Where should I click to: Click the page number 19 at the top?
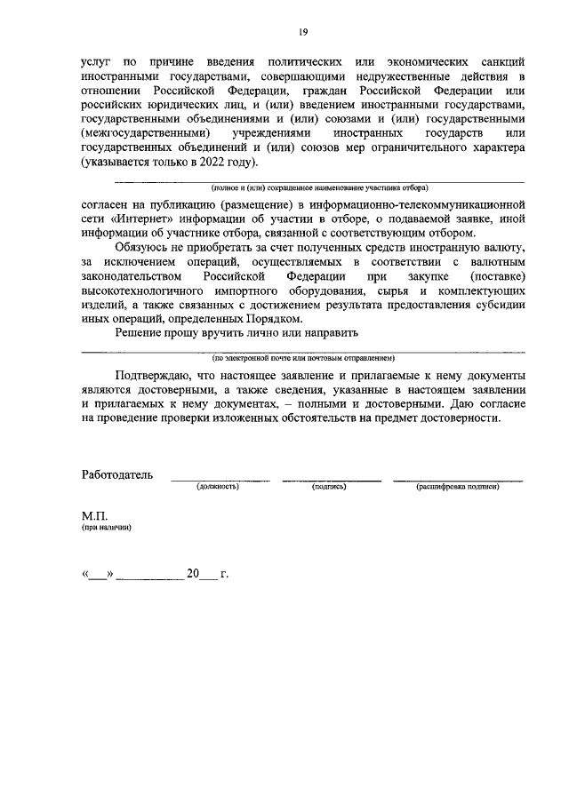tap(302, 33)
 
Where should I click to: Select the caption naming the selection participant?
tap(319, 189)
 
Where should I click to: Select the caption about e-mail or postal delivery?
tap(302, 358)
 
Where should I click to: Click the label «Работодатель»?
tap(117, 475)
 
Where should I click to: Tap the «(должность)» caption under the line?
tap(220, 488)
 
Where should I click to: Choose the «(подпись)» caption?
tap(329, 488)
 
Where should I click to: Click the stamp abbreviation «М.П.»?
tap(94, 515)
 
